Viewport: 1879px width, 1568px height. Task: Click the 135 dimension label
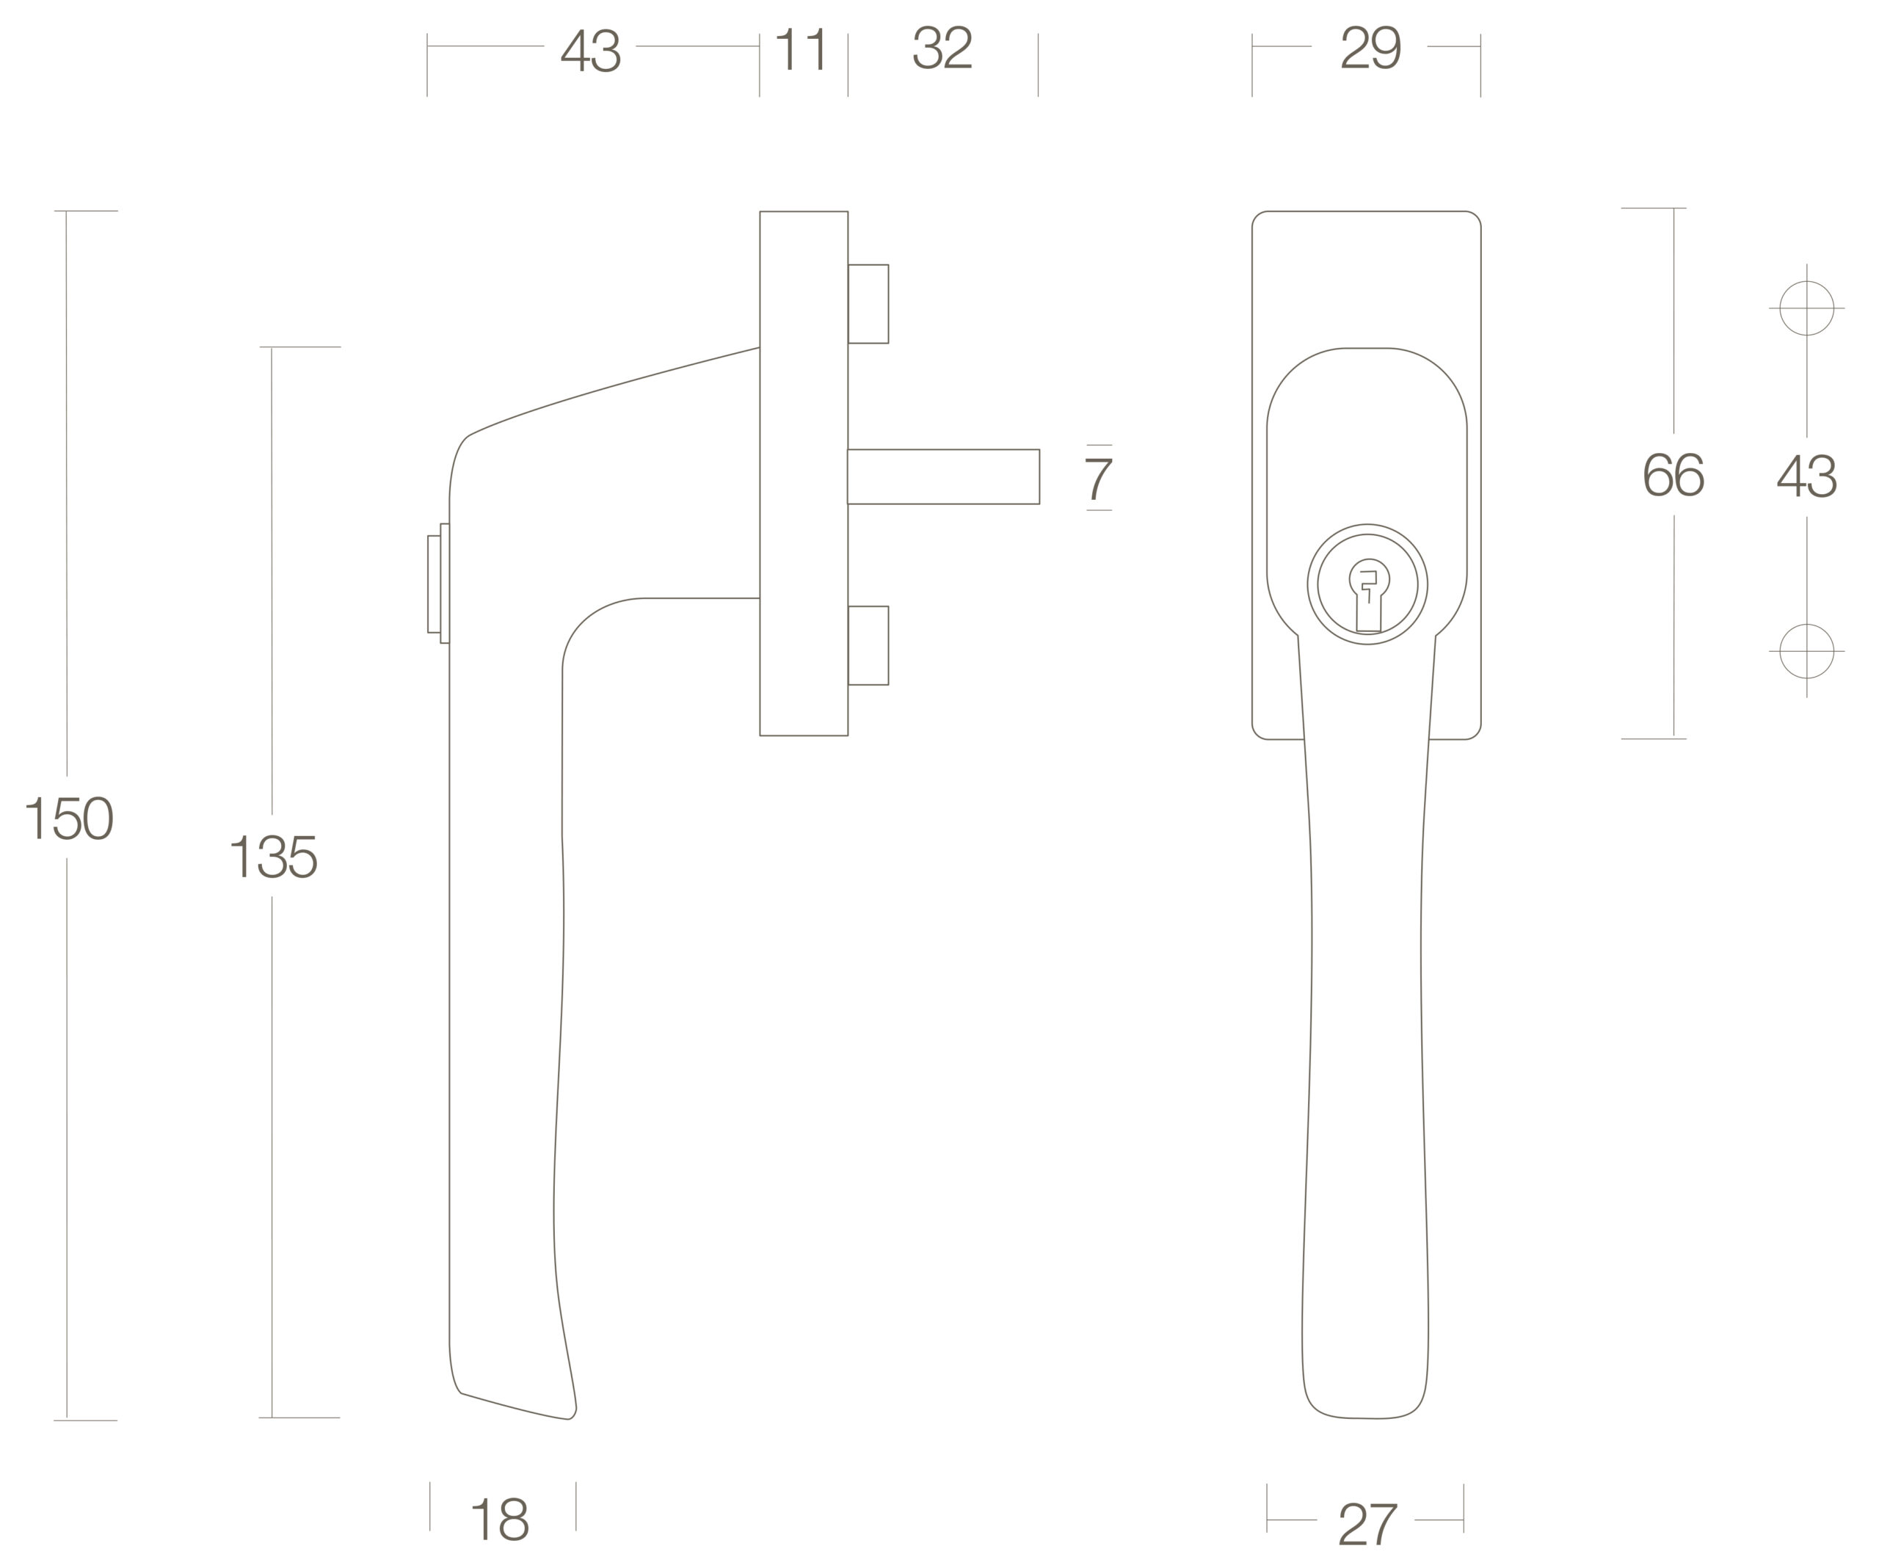click(x=274, y=857)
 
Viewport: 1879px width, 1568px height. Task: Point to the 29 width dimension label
click(x=1371, y=46)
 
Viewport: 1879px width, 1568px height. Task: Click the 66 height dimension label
click(x=1674, y=474)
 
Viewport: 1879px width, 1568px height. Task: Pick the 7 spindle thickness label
click(x=1099, y=479)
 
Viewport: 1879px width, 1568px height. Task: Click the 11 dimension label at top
click(x=801, y=49)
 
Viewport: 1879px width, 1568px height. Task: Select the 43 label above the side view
click(x=591, y=49)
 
